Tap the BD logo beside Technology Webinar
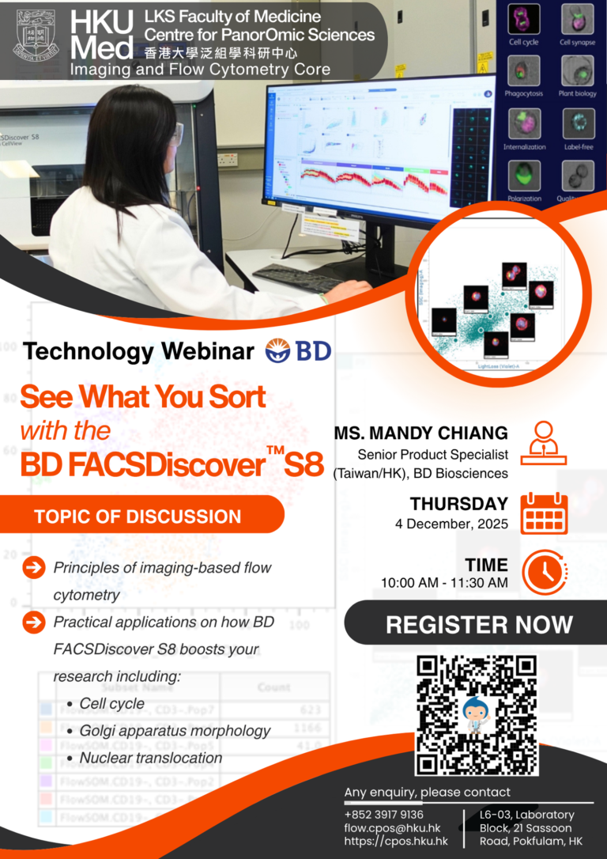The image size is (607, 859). [x=299, y=350]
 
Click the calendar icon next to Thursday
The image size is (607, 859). [x=545, y=513]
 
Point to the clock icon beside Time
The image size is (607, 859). [x=544, y=571]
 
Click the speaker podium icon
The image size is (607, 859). [x=544, y=442]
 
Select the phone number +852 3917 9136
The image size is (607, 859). [x=383, y=814]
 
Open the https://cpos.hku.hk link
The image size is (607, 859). [x=395, y=841]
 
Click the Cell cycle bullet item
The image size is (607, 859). [x=111, y=703]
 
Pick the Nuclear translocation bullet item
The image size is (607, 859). [x=150, y=758]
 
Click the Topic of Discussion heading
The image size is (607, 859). [x=138, y=517]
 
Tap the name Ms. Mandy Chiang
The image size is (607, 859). [x=421, y=434]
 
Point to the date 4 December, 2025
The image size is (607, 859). [x=451, y=524]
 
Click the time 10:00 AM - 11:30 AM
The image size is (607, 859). [x=443, y=583]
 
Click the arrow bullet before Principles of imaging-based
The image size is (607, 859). [x=34, y=567]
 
